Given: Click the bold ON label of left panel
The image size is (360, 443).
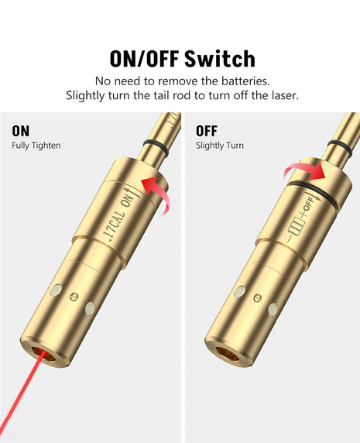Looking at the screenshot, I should coord(20,131).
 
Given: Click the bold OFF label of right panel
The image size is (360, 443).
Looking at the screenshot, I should coord(207,131).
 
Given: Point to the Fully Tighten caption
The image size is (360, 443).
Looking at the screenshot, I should coord(36,146).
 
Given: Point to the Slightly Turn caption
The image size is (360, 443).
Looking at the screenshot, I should coord(221,146).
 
